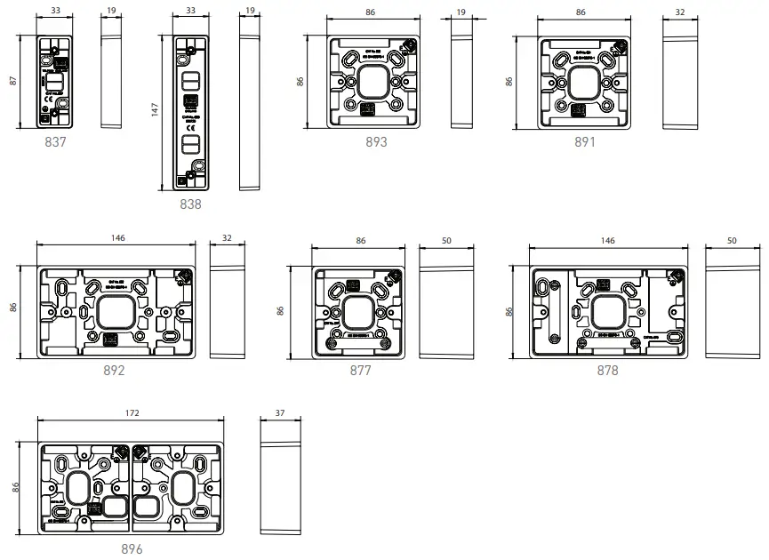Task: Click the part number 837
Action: tap(51, 141)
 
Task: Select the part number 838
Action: tap(190, 204)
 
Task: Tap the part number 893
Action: tap(376, 141)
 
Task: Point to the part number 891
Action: tap(584, 141)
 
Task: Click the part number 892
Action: tap(114, 371)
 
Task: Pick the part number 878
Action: tap(607, 371)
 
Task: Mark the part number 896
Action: tap(132, 549)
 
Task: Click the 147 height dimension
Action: tap(155, 109)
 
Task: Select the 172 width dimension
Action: tap(132, 413)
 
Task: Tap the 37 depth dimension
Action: tap(280, 413)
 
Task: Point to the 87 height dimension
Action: tap(13, 80)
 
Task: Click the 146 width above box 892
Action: tap(117, 238)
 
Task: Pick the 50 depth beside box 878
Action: tap(732, 240)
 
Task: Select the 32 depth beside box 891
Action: tap(680, 12)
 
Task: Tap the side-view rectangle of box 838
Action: tap(250, 111)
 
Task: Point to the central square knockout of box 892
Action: tap(115, 312)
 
